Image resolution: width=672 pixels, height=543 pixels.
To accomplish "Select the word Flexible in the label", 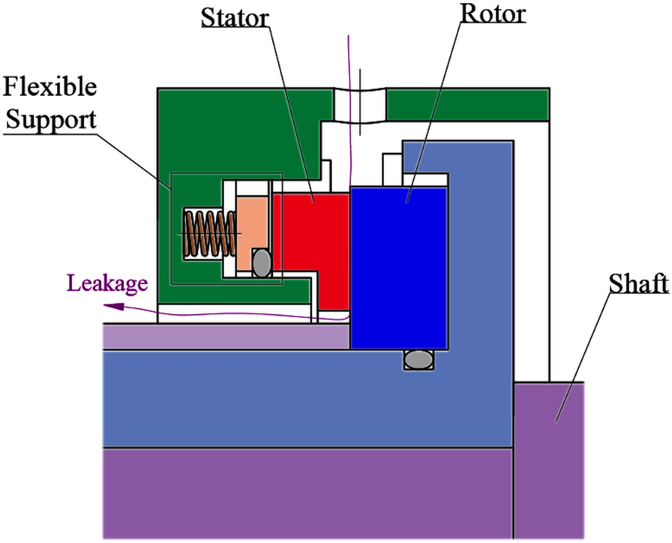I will tap(49, 88).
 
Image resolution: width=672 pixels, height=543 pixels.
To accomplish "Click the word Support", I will tap(49, 119).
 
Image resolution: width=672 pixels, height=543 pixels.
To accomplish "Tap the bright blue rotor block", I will tap(399, 266).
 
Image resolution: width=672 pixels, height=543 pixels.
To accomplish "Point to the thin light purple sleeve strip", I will tap(225, 337).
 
